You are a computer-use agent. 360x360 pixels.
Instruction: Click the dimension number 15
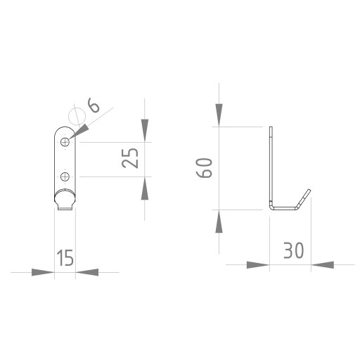pos(65,257)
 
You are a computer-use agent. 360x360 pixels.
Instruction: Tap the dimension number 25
pos(130,158)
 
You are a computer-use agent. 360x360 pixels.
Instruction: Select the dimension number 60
pos(204,168)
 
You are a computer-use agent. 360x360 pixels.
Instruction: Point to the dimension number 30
pos(294,250)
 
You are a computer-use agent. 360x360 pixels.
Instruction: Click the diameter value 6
pos(94,105)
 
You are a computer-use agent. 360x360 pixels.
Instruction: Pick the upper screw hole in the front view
pos(65,142)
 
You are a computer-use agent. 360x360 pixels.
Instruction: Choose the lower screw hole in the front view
pos(65,176)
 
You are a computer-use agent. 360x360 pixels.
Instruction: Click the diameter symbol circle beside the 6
pos(77,116)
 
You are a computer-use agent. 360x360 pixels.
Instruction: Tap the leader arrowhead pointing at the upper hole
pos(79,131)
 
